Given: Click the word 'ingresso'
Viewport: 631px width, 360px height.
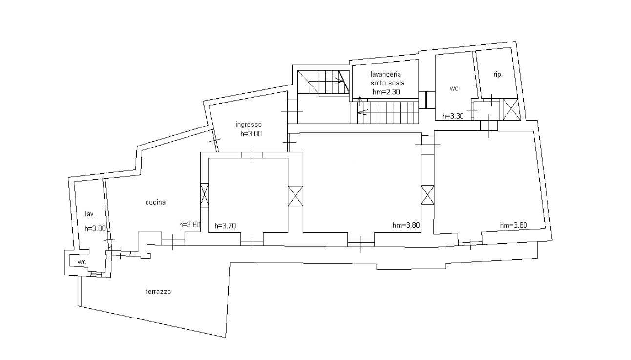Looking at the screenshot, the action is click(x=249, y=125).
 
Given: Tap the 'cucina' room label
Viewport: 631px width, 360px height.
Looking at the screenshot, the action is click(x=155, y=202).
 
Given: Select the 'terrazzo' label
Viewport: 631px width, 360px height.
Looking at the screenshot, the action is click(x=158, y=292).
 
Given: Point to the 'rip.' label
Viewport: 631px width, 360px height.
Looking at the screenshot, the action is click(x=498, y=75).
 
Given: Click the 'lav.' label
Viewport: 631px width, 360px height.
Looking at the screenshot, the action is click(x=90, y=214).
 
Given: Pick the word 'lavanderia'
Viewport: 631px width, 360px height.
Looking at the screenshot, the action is click(x=386, y=74).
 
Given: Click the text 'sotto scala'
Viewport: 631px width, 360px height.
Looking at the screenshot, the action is click(x=388, y=83).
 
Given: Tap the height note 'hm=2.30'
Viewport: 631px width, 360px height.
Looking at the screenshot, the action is click(x=386, y=92).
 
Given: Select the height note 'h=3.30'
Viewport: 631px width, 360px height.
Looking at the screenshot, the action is click(x=453, y=116).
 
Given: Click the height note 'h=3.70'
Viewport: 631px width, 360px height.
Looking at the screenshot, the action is click(x=225, y=226).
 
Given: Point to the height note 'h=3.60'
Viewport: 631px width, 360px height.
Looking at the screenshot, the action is click(x=190, y=225).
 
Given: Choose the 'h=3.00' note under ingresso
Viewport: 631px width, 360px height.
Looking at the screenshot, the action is click(x=251, y=134).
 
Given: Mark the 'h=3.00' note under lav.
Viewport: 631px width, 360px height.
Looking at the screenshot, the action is click(x=95, y=229).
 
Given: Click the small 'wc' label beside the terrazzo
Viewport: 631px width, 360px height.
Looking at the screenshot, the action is click(x=82, y=262).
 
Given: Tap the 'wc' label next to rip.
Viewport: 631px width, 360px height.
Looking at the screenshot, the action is click(x=454, y=88).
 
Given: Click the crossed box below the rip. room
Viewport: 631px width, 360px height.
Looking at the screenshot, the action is click(x=510, y=109).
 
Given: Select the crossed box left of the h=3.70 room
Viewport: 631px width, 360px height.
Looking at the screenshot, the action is click(x=204, y=194).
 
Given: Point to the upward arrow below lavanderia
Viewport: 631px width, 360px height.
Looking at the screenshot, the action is click(x=360, y=100).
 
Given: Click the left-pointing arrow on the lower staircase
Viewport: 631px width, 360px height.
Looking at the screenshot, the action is click(x=363, y=113).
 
